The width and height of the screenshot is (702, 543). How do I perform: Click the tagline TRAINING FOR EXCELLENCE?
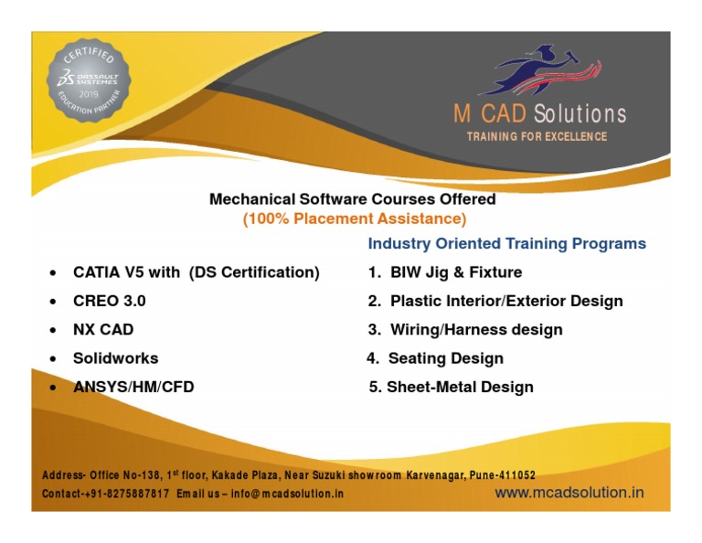[537, 137]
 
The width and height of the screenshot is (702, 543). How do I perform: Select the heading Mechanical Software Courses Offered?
[353, 198]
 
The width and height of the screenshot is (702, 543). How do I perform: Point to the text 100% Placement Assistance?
[355, 218]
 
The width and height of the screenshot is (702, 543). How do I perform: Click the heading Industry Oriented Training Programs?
[506, 244]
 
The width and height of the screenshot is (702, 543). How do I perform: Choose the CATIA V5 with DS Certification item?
[196, 272]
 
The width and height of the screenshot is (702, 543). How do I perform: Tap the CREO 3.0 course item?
[109, 301]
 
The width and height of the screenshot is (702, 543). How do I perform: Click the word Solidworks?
[115, 358]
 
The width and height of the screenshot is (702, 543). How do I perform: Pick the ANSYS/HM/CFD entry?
[133, 387]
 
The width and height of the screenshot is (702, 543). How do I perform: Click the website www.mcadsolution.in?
[569, 492]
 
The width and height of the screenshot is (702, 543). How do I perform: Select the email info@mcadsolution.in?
[287, 494]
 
